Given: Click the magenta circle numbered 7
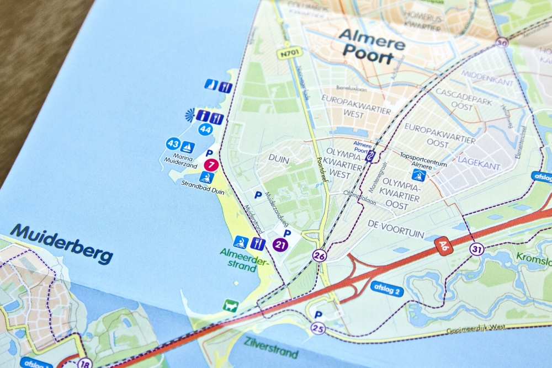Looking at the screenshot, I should pos(211,164).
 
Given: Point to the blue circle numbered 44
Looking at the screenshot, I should pos(205,130).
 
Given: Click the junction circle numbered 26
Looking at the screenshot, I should pos(319,255).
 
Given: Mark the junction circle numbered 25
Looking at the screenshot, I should pos(317,329).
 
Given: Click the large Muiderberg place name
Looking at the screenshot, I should pos(61,243).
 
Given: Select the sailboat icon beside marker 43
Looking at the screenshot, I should pos(188,147).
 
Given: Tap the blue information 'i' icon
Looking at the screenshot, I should pos(204,116).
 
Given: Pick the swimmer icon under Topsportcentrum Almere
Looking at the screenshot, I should pos(418,175).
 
